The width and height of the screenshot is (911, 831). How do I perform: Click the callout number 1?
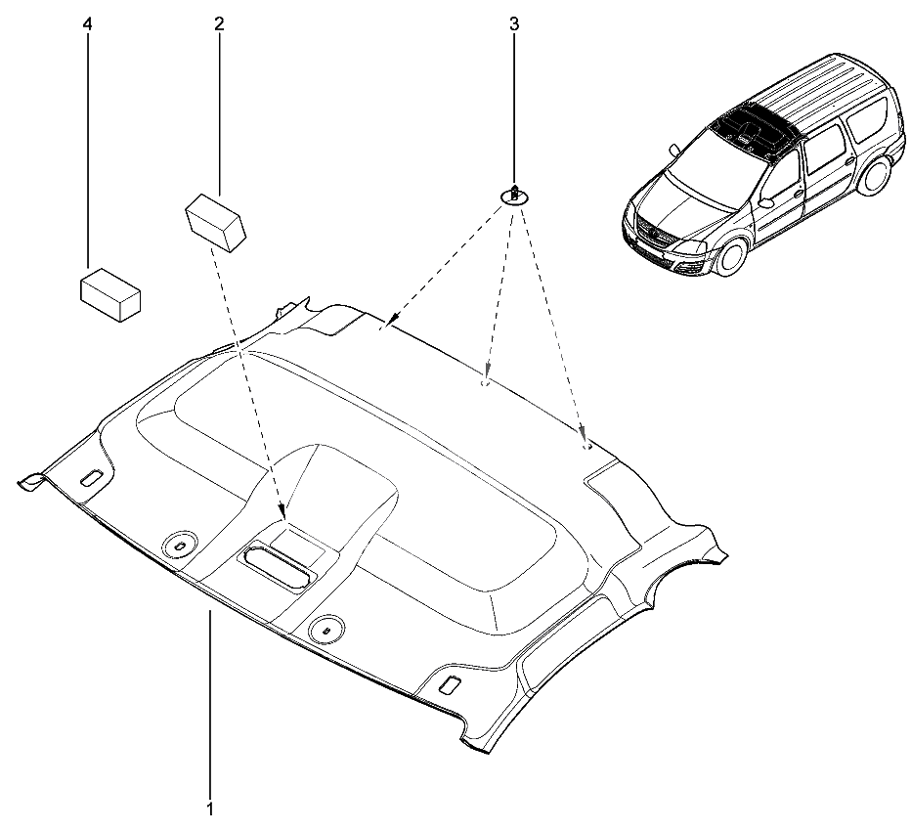pyautogui.click(x=210, y=809)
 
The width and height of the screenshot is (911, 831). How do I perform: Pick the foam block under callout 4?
pyautogui.click(x=108, y=291)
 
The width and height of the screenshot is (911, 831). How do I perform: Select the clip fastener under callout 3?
pyautogui.click(x=514, y=195)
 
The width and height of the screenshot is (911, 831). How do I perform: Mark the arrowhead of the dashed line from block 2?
pyautogui.click(x=282, y=512)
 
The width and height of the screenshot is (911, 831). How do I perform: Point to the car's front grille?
pyautogui.click(x=652, y=239)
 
